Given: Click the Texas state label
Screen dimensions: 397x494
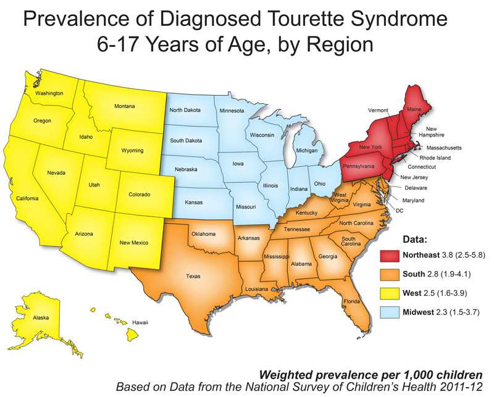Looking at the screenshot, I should pos(193,276).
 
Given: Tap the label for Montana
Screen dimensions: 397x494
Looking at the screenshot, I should pos(125,106).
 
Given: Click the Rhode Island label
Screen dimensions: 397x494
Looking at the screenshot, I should pos(436,157).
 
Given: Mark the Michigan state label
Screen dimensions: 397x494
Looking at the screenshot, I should pos(306,151).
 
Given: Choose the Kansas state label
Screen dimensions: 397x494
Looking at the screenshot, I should pos(194,202).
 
